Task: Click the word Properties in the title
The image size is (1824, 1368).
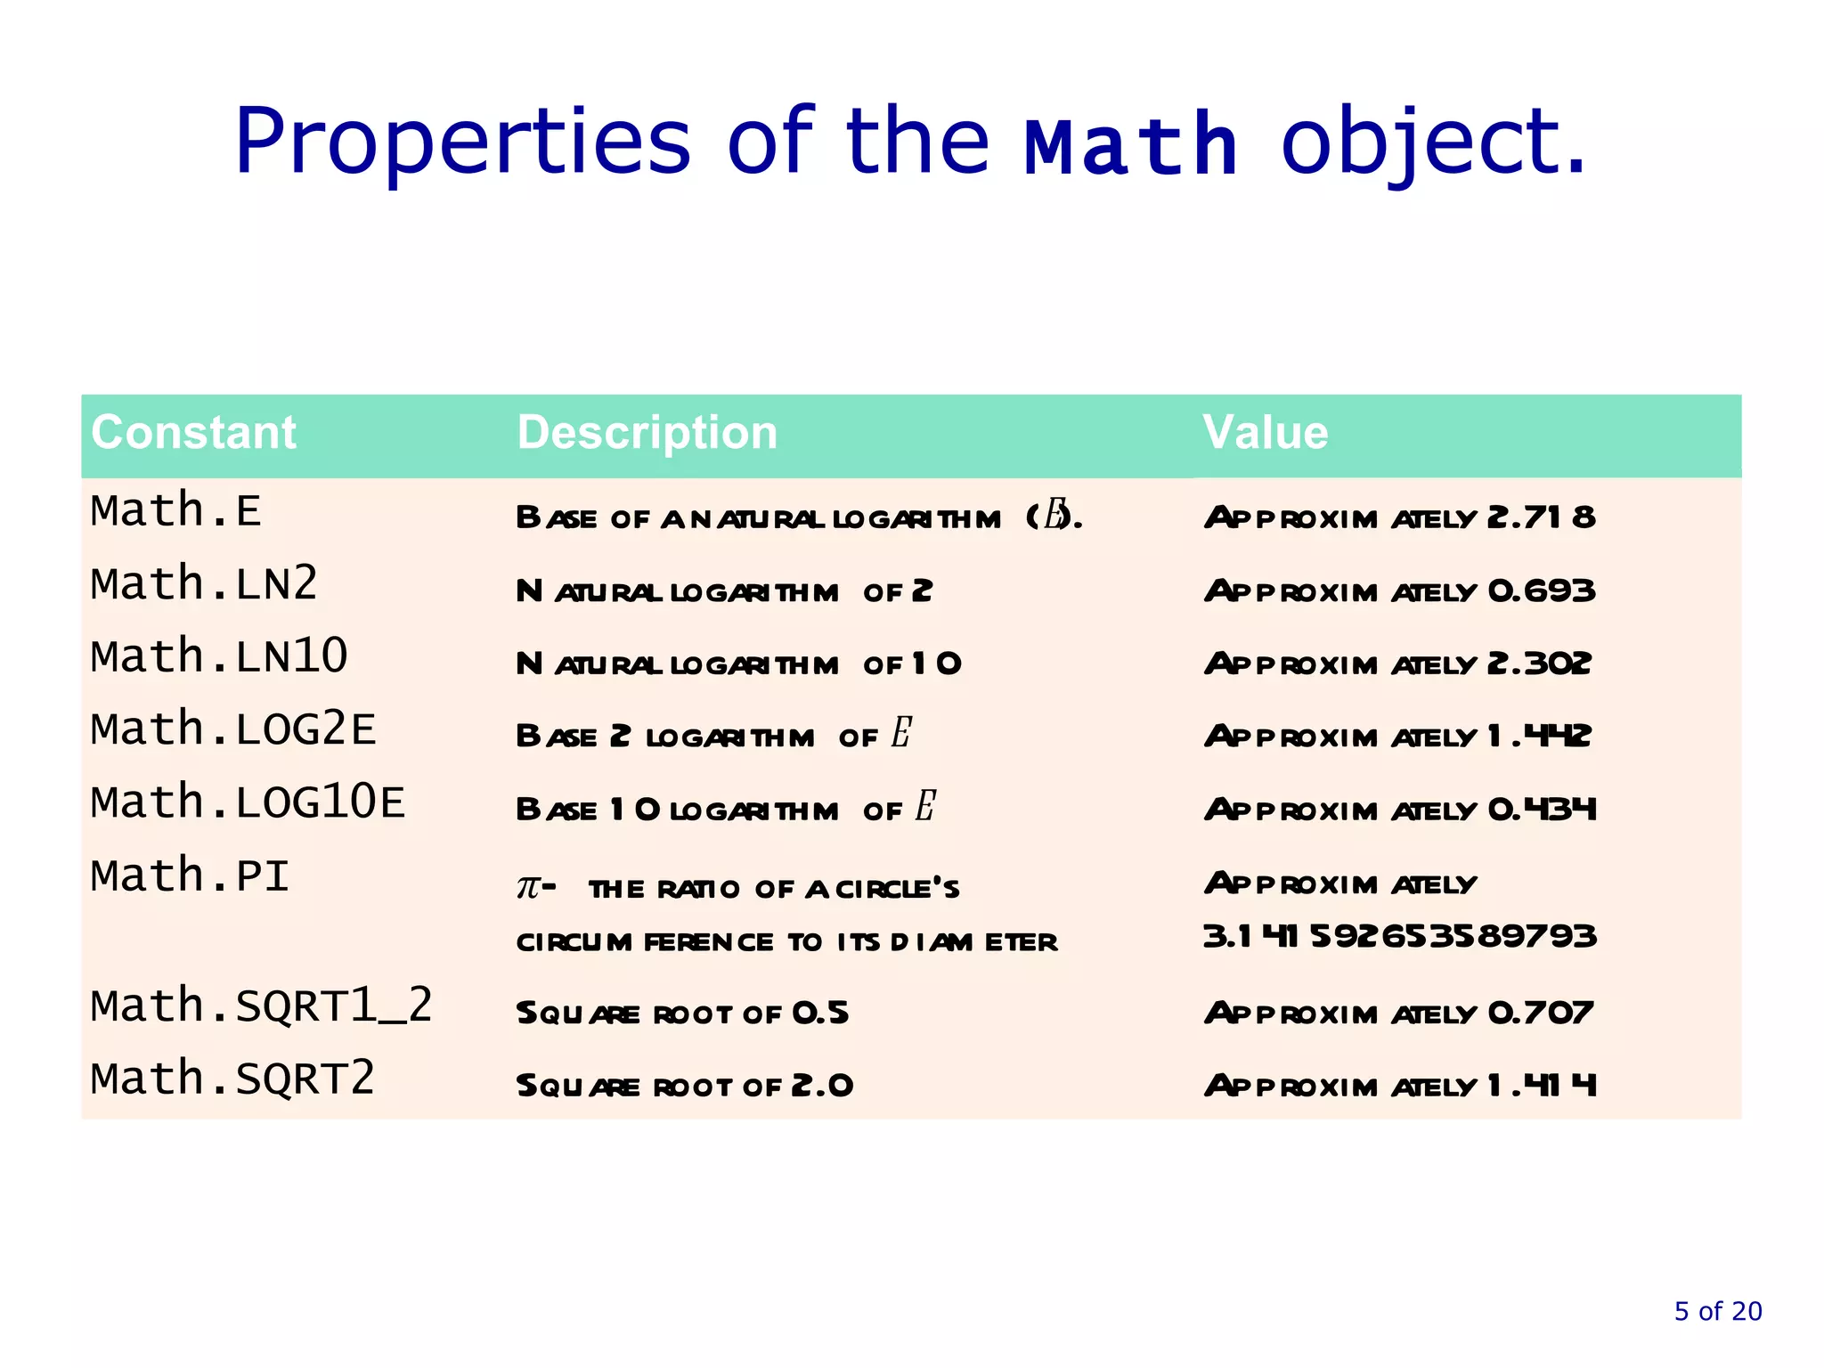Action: pyautogui.click(x=462, y=142)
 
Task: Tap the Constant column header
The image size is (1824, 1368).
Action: pyautogui.click(x=193, y=433)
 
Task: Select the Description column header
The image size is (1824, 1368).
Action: pyautogui.click(x=647, y=433)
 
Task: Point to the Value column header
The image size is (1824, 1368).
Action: pyautogui.click(x=1265, y=433)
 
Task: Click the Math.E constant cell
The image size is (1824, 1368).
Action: pyautogui.click(x=176, y=511)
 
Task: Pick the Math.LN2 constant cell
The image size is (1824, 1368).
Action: pyautogui.click(x=204, y=584)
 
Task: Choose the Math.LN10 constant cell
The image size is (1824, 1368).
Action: pyautogui.click(x=219, y=657)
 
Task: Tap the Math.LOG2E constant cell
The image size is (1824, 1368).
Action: pyautogui.click(x=233, y=730)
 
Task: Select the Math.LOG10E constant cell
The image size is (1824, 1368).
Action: pyautogui.click(x=248, y=803)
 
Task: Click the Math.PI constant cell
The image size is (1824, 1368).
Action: pyautogui.click(x=191, y=876)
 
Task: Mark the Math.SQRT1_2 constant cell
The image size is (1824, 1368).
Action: pyautogui.click(x=262, y=1006)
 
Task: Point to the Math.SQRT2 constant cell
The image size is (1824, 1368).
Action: pyautogui.click(x=233, y=1079)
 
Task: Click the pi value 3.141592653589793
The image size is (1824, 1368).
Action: pyautogui.click(x=1399, y=937)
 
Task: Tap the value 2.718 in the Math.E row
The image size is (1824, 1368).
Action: pyautogui.click(x=1541, y=517)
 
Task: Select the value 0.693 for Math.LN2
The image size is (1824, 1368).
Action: pyautogui.click(x=1542, y=591)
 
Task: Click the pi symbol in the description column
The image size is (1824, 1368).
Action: pyautogui.click(x=528, y=887)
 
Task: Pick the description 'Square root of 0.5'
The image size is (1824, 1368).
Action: pyautogui.click(x=682, y=1014)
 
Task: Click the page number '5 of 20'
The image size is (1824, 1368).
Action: pyautogui.click(x=1718, y=1311)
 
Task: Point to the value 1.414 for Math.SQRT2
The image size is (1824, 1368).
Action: pyautogui.click(x=1542, y=1086)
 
